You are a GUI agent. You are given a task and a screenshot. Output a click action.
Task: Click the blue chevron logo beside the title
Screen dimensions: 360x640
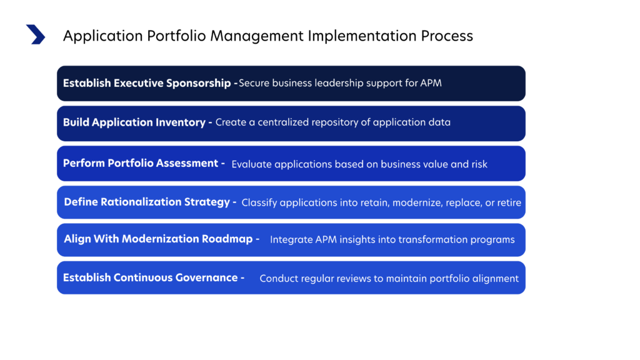click(x=36, y=34)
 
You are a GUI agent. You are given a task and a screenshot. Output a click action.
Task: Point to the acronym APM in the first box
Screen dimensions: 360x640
click(x=431, y=83)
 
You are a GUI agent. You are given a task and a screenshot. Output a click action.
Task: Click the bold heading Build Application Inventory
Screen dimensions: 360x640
click(x=134, y=122)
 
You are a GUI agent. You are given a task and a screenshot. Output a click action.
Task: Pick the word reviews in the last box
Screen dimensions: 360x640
click(x=353, y=279)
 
